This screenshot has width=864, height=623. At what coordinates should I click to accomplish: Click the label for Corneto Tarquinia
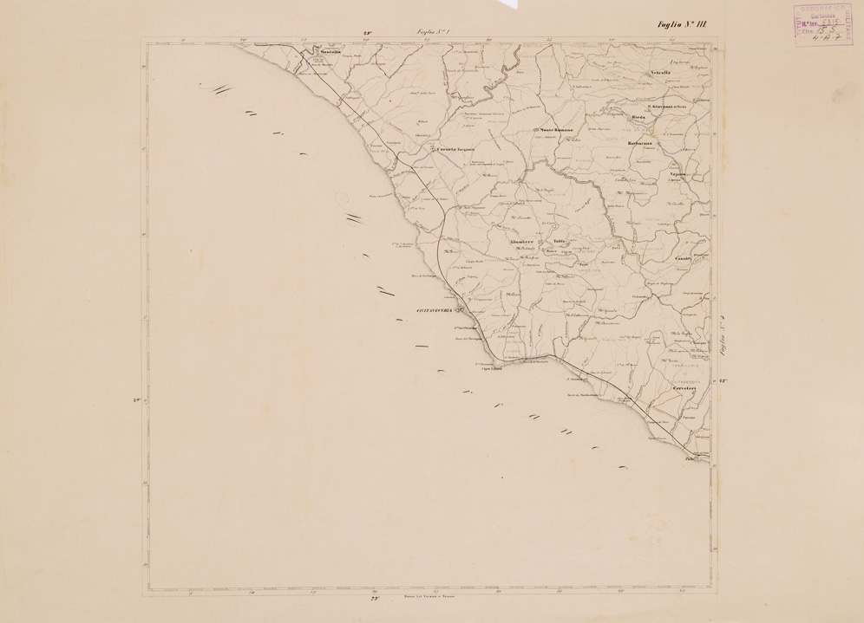pyautogui.click(x=455, y=148)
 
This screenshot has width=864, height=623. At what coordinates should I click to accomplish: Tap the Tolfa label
pyautogui.click(x=560, y=240)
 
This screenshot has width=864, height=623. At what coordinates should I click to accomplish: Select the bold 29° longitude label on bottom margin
pyautogui.click(x=375, y=599)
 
